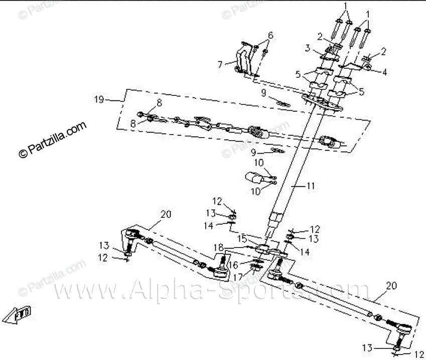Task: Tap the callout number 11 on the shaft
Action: tap(311, 186)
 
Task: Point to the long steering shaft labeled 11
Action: tap(296, 166)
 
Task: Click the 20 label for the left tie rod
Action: tap(166, 214)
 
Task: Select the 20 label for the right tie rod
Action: tap(391, 286)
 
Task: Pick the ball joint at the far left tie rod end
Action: tap(131, 235)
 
